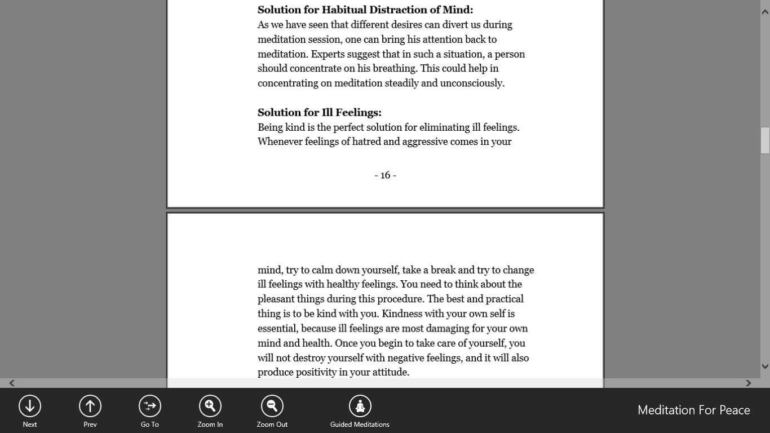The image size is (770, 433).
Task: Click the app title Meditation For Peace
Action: pyautogui.click(x=693, y=410)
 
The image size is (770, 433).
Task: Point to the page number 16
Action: pyautogui.click(x=386, y=175)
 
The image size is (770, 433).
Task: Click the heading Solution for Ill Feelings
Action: pyautogui.click(x=320, y=112)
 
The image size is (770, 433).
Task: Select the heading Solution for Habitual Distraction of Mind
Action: pyautogui.click(x=365, y=10)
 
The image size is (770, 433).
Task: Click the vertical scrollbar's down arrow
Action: pyautogui.click(x=765, y=366)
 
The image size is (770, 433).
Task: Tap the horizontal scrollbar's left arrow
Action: pyautogui.click(x=11, y=383)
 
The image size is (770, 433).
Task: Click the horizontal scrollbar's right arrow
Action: pyautogui.click(x=749, y=383)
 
